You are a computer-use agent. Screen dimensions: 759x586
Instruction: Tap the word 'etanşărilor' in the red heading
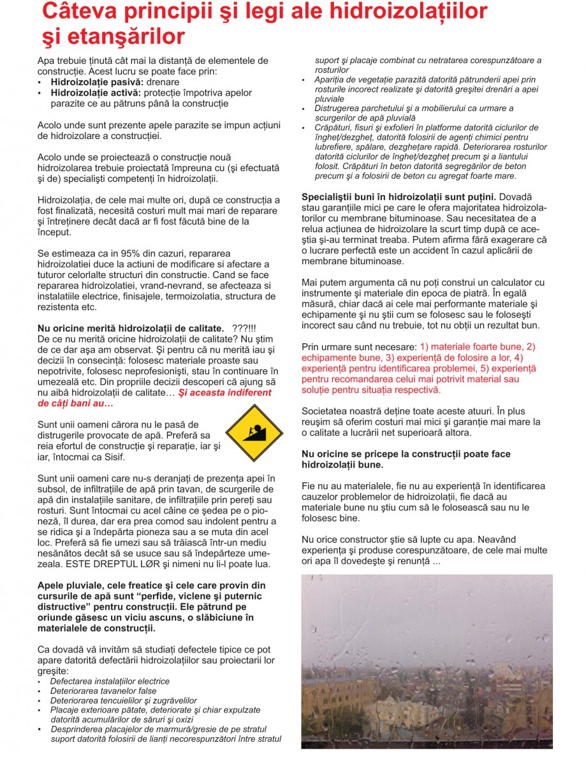(x=123, y=36)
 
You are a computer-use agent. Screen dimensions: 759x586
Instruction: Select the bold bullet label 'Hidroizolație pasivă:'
(x=92, y=82)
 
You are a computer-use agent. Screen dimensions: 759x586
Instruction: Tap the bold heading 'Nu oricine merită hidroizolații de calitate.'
(x=131, y=327)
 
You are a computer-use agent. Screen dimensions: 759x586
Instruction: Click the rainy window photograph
(x=427, y=661)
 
